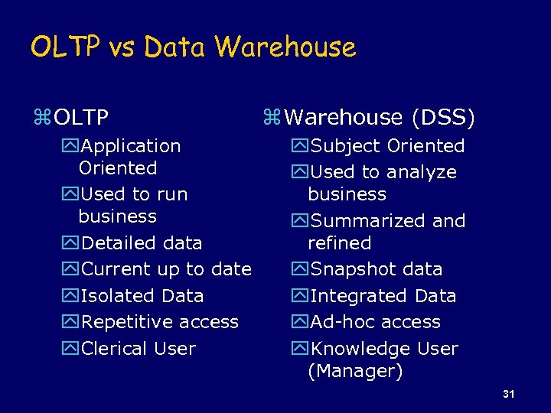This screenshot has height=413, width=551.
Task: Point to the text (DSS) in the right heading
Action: point(443,118)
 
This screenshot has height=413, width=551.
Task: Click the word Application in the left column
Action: point(131,145)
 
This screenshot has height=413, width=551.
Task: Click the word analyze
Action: point(420,172)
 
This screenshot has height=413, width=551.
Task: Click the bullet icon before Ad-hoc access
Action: point(298,323)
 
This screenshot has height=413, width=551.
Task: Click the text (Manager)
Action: point(344,372)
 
